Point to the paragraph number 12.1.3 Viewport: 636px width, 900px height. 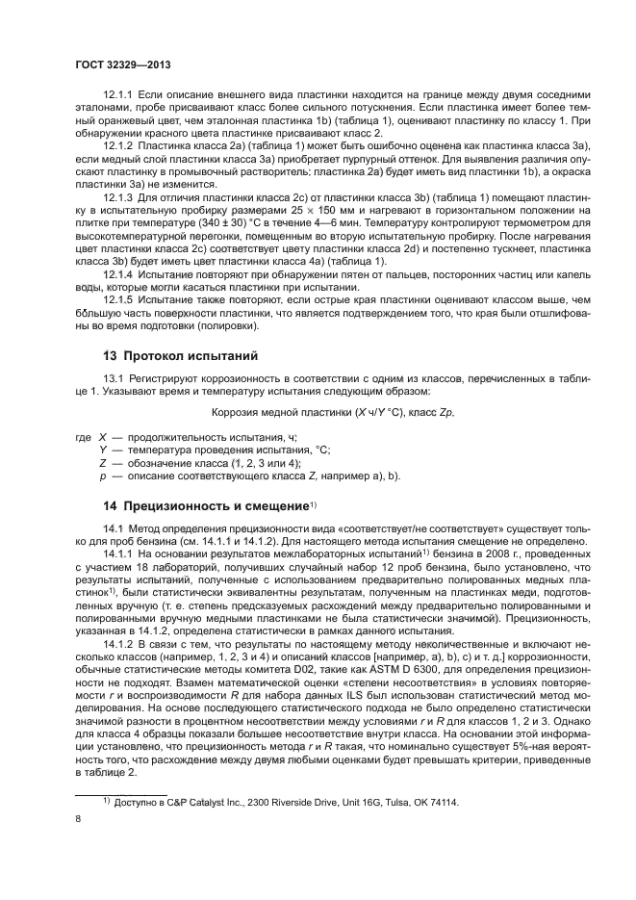120,195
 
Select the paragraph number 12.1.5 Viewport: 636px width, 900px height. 120,298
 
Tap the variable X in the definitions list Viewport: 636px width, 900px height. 102,436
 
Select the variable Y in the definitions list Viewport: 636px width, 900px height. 102,449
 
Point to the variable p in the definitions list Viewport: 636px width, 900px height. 102,476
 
